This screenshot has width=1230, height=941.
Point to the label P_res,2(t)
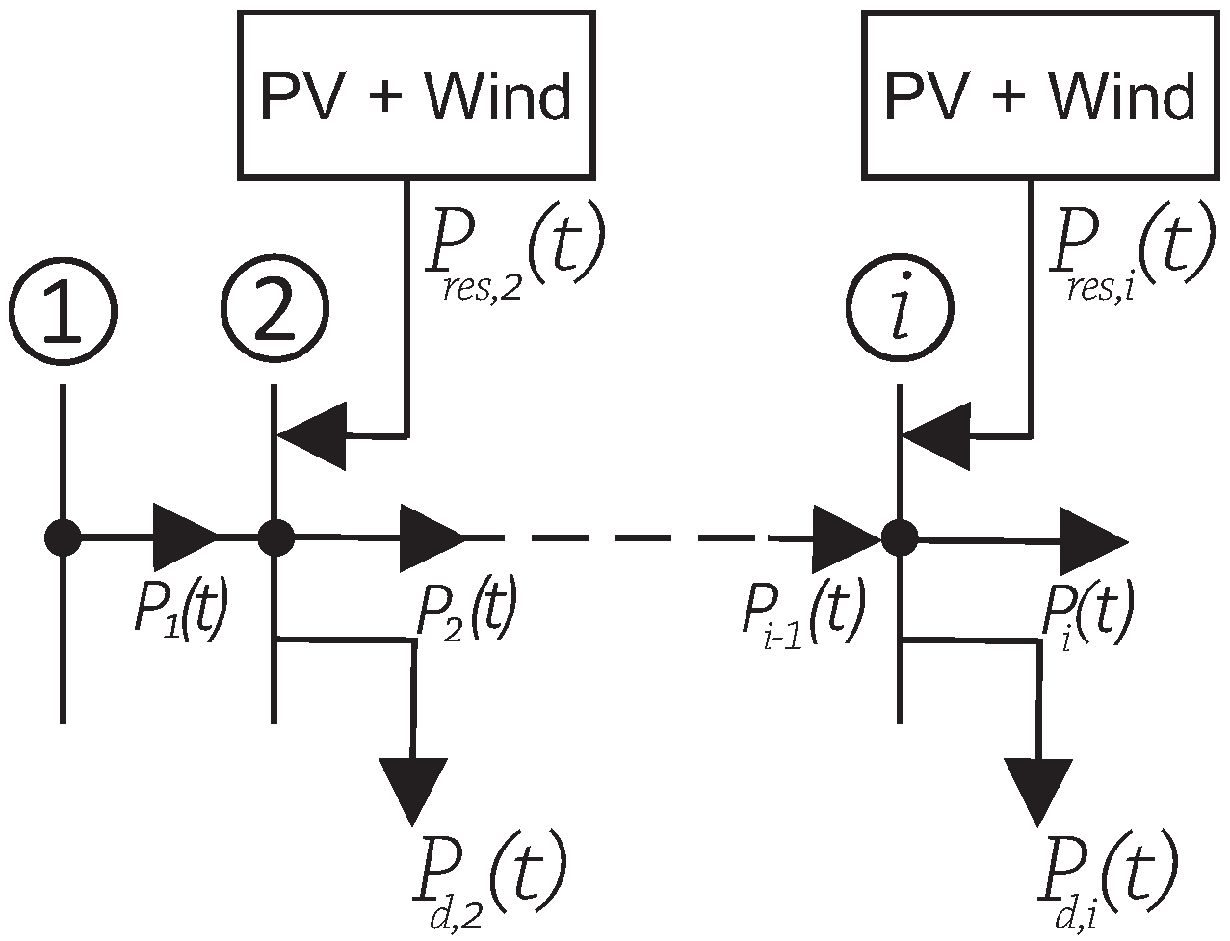click(516, 253)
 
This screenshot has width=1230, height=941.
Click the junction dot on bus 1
click(64, 536)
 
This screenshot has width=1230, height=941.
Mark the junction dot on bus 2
click(276, 536)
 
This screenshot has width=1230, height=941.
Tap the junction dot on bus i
click(900, 536)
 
